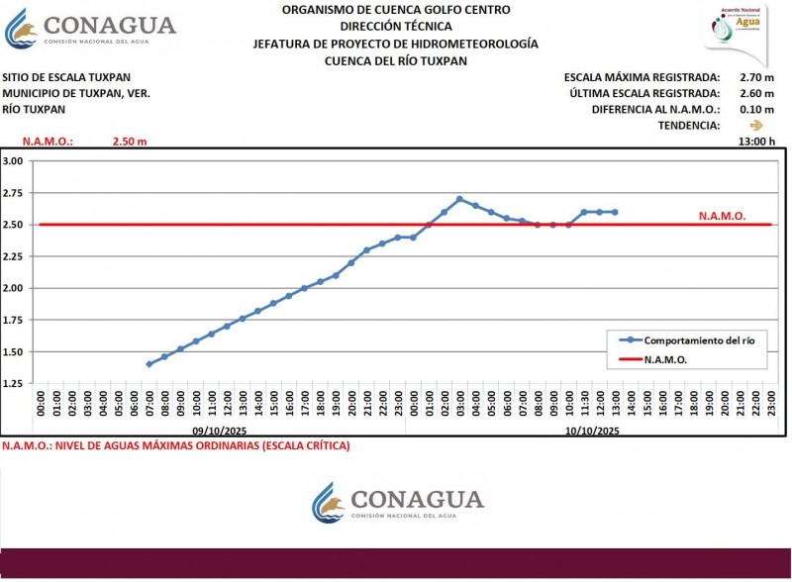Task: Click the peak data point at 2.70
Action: (x=459, y=199)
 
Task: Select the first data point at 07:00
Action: (x=149, y=364)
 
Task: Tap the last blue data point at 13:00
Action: (x=615, y=212)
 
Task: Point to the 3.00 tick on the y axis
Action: (x=13, y=161)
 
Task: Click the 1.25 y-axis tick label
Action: (x=13, y=383)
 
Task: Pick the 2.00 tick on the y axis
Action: (x=13, y=288)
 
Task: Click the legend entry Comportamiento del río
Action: (x=690, y=340)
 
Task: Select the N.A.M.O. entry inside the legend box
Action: (x=665, y=360)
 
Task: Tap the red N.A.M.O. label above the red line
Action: (x=722, y=215)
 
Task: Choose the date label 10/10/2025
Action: (x=591, y=432)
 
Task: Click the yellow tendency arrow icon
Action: (x=757, y=126)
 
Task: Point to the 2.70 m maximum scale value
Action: (x=757, y=77)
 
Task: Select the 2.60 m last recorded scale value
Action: (x=757, y=93)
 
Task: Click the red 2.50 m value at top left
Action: (x=129, y=142)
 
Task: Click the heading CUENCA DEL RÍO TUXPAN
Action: (x=395, y=60)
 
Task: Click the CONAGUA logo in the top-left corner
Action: (x=91, y=31)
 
